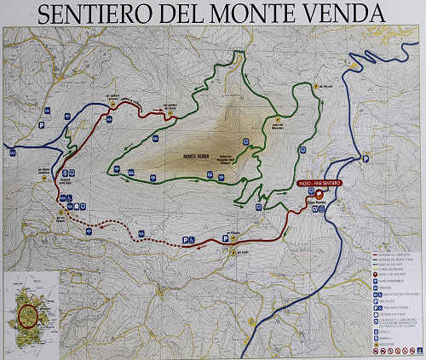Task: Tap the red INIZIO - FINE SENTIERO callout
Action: tap(320, 184)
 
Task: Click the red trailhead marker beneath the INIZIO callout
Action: tap(320, 195)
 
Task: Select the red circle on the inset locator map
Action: tap(29, 311)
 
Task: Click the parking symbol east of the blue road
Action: tap(366, 157)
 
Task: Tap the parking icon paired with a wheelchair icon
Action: tap(187, 242)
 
